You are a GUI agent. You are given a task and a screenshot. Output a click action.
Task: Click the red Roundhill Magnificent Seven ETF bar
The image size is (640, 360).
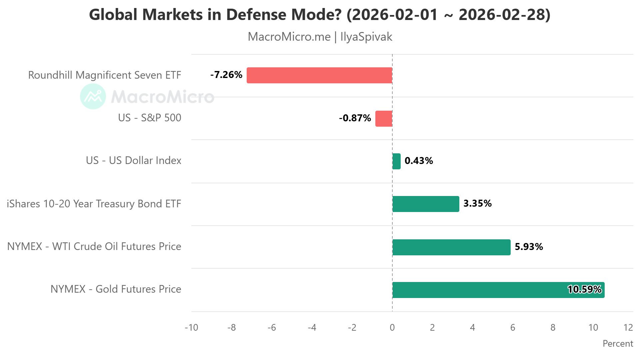pos(319,75)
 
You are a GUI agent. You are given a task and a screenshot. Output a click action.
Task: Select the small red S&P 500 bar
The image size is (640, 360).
pos(384,118)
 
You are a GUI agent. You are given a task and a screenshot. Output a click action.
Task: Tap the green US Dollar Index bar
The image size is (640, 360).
pos(396,161)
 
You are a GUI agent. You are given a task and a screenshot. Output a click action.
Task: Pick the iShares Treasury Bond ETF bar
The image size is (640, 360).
pos(426,204)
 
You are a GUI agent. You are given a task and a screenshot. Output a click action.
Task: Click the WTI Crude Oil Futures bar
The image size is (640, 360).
pos(451,247)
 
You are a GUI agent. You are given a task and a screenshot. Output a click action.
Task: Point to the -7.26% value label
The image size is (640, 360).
pos(226,75)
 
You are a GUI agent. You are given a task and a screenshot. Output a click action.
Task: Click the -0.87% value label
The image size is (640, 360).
pos(355,118)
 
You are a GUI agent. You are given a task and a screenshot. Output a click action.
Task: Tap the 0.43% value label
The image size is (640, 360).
pos(419,161)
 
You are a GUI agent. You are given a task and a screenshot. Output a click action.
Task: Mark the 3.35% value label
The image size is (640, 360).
pos(477,204)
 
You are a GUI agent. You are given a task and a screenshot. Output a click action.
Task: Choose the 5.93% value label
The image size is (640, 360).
pos(529,247)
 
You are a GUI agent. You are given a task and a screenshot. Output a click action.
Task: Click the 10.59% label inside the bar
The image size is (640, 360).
pos(585,289)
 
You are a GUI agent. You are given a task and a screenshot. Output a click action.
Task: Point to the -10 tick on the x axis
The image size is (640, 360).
pos(191,328)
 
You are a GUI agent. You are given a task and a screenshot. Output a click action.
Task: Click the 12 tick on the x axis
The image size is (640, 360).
pos(628,328)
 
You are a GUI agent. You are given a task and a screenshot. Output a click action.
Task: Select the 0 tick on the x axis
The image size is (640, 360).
pos(392,328)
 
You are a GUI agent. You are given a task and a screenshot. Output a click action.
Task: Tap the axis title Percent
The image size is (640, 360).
pos(618,344)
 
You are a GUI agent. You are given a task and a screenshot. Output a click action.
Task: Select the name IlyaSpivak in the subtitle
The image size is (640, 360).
pos(366,37)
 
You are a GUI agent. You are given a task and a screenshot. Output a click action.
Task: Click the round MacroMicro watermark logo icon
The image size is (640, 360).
pos(93,96)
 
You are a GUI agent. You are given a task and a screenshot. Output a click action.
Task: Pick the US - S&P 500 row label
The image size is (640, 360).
pos(150,118)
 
